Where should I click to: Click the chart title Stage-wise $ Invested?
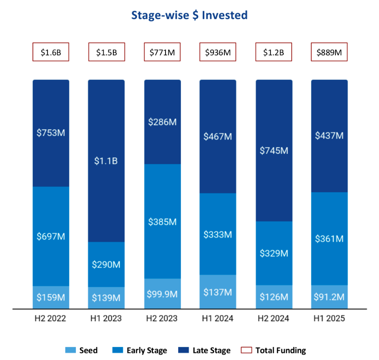(189, 16)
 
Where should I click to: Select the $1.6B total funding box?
(51, 52)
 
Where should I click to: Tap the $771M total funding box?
(162, 52)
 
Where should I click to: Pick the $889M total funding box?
(329, 52)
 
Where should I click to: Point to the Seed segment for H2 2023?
(162, 293)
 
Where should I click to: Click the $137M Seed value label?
(218, 292)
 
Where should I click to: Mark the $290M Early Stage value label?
(106, 265)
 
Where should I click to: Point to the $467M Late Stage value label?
(218, 136)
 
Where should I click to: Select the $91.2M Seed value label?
(329, 297)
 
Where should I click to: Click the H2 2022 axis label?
(51, 319)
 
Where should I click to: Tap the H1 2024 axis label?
(218, 319)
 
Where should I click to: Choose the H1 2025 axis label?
(329, 319)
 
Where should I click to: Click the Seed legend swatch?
(70, 350)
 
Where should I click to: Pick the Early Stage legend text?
(146, 350)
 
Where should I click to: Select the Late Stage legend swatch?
(184, 350)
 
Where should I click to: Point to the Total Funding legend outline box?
(247, 350)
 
